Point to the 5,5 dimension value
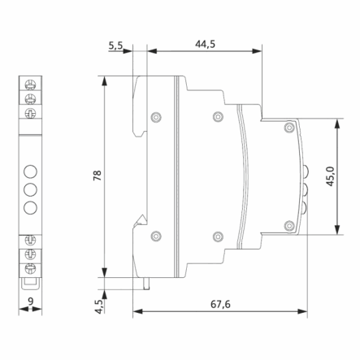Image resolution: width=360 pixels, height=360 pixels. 116,46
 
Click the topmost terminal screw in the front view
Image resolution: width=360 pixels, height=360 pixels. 30,85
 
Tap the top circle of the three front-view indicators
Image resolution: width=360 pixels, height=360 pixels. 30,171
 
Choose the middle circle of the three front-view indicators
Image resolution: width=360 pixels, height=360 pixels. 30,189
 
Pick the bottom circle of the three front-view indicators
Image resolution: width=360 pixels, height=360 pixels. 30,206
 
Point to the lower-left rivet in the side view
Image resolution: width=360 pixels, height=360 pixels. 155,236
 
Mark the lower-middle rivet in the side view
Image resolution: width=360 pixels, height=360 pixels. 217,236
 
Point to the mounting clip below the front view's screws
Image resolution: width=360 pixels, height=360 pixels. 30,284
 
